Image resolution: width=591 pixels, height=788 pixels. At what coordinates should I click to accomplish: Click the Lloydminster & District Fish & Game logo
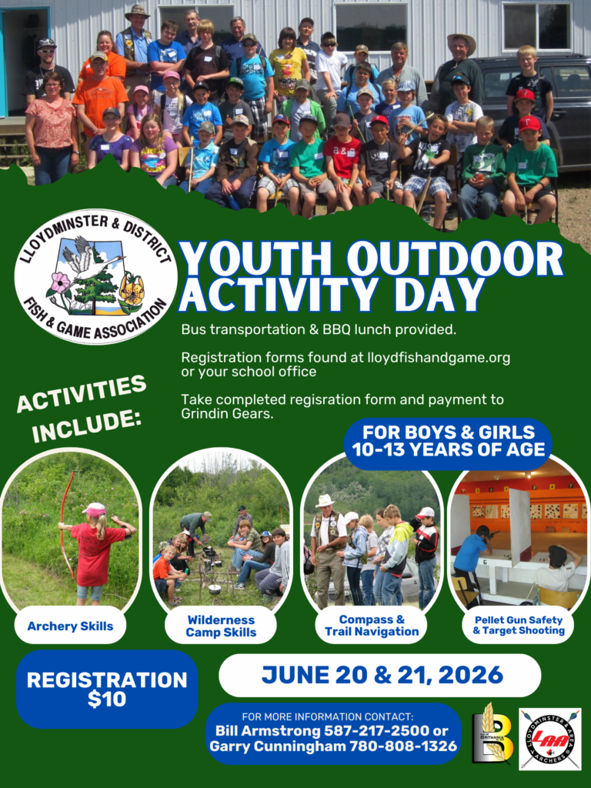point(95,276)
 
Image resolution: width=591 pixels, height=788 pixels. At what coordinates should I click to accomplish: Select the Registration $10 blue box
point(106,689)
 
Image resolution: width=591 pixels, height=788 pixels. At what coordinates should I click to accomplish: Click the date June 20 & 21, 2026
point(382,674)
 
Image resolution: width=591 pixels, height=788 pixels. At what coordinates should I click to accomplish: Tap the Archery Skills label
point(70,626)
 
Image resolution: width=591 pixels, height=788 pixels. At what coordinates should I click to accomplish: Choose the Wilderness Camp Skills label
point(221,626)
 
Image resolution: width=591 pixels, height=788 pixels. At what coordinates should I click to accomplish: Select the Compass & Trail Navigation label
point(372,626)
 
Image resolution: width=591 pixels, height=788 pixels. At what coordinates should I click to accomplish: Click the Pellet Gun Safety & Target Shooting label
point(519,626)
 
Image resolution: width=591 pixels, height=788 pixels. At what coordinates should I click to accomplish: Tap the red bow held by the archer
point(66,525)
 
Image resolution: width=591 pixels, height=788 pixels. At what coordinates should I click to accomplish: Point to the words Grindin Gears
point(227,414)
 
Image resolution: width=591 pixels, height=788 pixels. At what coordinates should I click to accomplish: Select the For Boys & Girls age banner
point(449,441)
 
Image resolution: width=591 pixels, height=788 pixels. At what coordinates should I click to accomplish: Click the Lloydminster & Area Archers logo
point(549,739)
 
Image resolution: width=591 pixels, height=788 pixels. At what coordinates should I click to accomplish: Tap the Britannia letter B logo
point(492,733)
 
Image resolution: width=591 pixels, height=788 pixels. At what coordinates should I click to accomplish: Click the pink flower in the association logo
point(60,283)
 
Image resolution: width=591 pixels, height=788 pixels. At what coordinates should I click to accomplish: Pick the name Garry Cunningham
point(277,746)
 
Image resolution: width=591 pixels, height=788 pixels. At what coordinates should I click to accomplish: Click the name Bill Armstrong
point(268,730)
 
